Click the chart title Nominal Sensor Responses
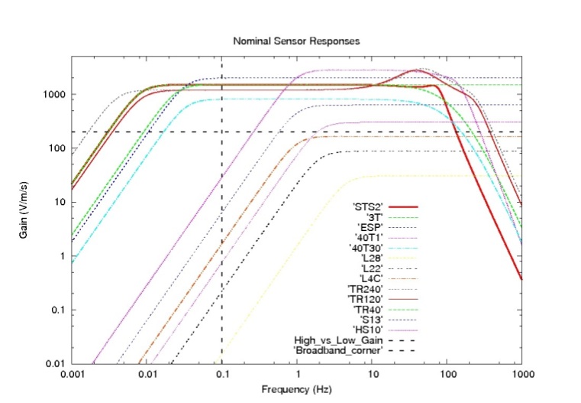[295, 40]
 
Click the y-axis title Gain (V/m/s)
[25, 210]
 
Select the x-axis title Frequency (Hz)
[295, 389]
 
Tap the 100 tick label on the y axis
[56, 148]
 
